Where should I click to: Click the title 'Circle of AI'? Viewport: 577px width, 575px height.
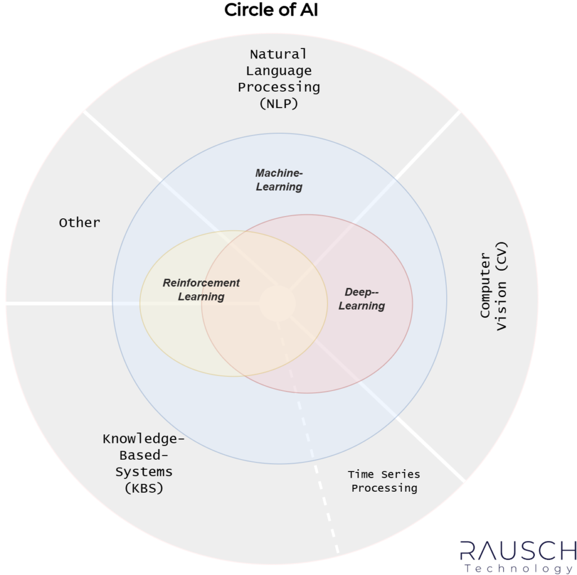(x=271, y=10)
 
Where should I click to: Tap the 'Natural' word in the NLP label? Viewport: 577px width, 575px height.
(x=278, y=55)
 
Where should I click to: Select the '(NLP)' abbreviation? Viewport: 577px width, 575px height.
(x=278, y=104)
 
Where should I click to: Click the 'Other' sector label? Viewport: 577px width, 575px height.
(x=79, y=223)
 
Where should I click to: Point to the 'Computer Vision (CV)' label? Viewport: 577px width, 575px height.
(x=494, y=286)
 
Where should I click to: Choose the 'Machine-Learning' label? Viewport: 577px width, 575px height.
(x=279, y=179)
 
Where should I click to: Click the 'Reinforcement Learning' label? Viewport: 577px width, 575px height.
(x=201, y=290)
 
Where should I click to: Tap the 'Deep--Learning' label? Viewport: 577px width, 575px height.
(x=361, y=299)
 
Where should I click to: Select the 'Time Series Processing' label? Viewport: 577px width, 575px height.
(x=384, y=481)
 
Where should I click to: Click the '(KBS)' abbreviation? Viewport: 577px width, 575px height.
(x=144, y=488)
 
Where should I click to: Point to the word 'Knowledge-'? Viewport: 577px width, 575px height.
(x=144, y=439)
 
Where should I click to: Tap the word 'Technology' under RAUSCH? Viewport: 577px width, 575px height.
(x=519, y=568)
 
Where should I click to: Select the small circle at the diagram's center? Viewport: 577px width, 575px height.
(x=277, y=303)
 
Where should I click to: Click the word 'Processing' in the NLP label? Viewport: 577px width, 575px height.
(x=278, y=88)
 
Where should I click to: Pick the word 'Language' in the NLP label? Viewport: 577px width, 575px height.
(x=278, y=70)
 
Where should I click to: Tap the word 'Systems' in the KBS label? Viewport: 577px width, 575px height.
(x=144, y=471)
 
